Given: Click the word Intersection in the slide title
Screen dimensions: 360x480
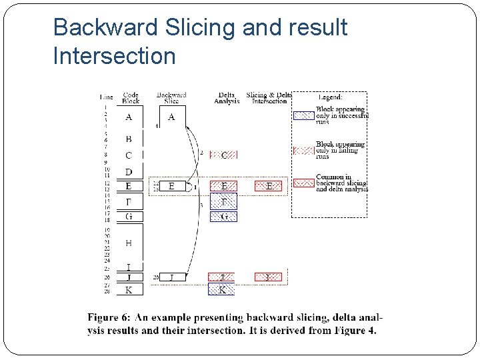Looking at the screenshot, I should (114, 56).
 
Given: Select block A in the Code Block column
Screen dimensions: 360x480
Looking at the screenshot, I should (129, 117).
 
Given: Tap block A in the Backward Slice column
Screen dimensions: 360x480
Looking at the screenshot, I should (171, 117).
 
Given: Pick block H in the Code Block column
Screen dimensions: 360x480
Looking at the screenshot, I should (129, 243).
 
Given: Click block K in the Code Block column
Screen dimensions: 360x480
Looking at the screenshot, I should (129, 289).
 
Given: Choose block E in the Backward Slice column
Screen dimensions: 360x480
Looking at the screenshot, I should (171, 186).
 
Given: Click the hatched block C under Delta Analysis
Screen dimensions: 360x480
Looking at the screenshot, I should (224, 155).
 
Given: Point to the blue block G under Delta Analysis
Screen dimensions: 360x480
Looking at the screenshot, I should (224, 216).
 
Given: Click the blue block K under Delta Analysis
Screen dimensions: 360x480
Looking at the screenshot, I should (222, 289).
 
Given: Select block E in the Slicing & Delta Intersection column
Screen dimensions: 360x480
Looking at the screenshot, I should (269, 186).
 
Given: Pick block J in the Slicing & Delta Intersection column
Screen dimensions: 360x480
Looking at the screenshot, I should (269, 277).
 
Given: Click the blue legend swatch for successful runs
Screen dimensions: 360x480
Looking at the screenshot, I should (303, 115).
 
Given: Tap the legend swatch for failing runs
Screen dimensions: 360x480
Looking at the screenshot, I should (303, 150).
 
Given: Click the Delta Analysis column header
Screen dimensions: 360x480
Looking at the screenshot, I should (227, 98).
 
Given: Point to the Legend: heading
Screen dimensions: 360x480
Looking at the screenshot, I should (330, 97).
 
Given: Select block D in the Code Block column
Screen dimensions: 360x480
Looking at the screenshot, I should (129, 172).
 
